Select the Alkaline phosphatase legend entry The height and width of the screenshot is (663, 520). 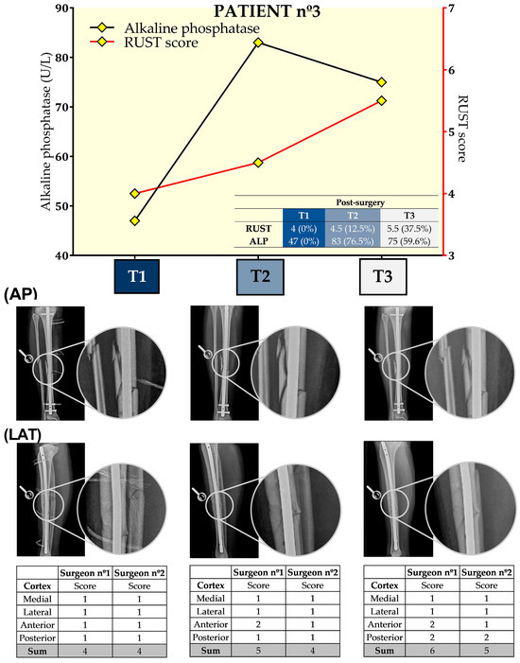(x=183, y=29)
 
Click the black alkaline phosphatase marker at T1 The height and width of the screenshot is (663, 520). (x=135, y=220)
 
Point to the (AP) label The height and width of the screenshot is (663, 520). (x=21, y=294)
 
